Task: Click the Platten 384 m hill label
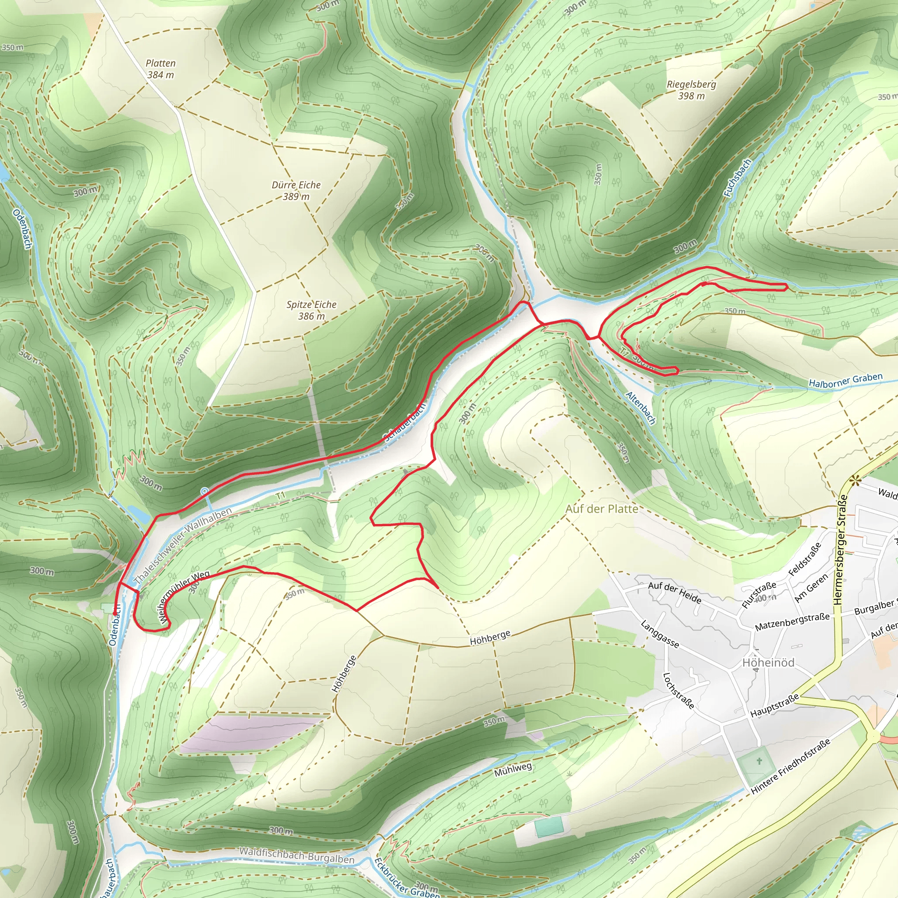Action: pos(160,69)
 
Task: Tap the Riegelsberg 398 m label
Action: pos(691,90)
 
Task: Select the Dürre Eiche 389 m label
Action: pos(296,191)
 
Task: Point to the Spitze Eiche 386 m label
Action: pos(311,310)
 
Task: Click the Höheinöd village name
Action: pos(768,663)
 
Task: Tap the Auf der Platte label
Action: pos(602,509)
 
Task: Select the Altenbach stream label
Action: pos(641,408)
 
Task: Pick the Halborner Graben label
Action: pos(845,380)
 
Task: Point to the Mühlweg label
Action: pos(513,769)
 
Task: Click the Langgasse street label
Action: pos(659,634)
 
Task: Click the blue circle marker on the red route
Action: pos(204,491)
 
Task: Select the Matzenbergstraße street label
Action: pos(792,621)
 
